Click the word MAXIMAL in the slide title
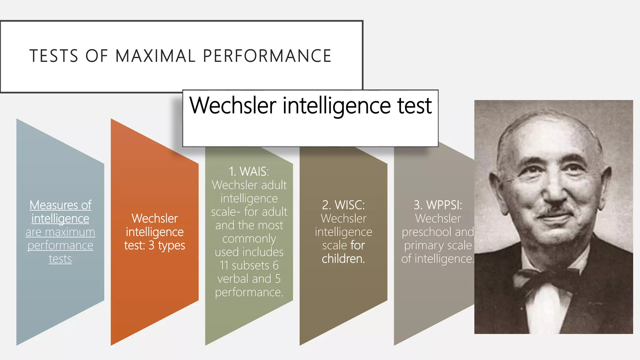(x=155, y=56)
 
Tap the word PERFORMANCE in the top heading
(x=267, y=56)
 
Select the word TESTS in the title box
(x=54, y=56)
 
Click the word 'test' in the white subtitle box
(x=414, y=105)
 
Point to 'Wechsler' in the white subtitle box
(x=233, y=105)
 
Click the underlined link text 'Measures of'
(x=60, y=205)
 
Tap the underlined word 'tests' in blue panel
(x=60, y=259)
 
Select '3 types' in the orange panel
(x=167, y=246)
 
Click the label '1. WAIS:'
(x=249, y=172)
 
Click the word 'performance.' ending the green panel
(x=249, y=292)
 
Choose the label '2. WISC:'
(x=343, y=205)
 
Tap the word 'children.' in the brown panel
(x=343, y=259)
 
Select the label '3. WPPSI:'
(x=438, y=205)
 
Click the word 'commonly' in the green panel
(x=249, y=239)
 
